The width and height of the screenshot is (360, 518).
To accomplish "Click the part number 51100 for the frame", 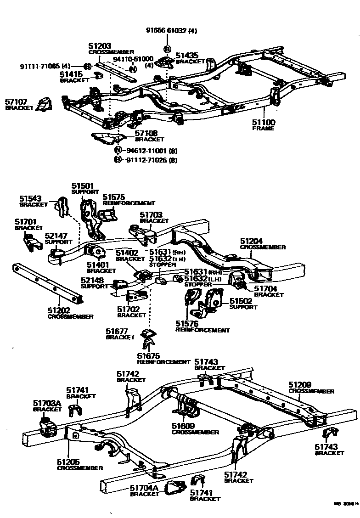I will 264,123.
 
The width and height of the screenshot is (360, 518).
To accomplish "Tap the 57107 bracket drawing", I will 44,104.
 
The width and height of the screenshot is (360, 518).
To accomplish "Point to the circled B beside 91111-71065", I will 87,66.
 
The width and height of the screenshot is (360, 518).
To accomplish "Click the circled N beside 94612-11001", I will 118,150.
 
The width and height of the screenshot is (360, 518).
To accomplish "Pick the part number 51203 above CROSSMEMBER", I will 99,46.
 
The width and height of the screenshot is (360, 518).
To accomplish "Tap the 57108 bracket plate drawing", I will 108,137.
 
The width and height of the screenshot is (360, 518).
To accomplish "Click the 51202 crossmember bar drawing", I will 48,285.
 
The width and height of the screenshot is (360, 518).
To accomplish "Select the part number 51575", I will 113,197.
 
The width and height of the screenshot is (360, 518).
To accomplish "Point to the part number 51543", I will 30,199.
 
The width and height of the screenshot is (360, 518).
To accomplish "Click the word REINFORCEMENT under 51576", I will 202,330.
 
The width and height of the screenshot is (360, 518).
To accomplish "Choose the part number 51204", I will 252,241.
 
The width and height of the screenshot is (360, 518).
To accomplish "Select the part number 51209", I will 300,385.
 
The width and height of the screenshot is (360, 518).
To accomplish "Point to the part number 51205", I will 69,462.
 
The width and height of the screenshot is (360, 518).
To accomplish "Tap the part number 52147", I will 56,236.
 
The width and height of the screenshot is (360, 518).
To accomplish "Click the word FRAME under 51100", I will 263,129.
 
